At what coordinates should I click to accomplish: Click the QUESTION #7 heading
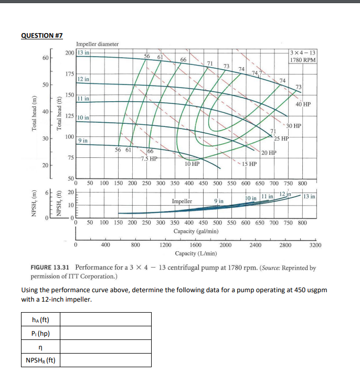[x=42, y=35]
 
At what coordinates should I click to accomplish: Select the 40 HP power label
[x=304, y=104]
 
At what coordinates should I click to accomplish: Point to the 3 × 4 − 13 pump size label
[x=303, y=52]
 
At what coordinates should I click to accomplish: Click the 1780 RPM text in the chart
[x=303, y=60]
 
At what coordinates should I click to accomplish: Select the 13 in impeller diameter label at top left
[x=84, y=52]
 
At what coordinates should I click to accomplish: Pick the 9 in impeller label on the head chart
[x=83, y=141]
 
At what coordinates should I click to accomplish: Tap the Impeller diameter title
[x=98, y=44]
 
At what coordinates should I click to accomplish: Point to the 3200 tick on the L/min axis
[x=315, y=244]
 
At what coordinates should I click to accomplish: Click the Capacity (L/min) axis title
[x=196, y=253]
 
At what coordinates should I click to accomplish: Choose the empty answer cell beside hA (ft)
[x=108, y=319]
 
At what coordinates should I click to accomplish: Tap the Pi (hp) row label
[x=41, y=333]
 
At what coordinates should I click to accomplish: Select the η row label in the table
[x=41, y=347]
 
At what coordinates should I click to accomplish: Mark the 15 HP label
[x=249, y=164]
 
